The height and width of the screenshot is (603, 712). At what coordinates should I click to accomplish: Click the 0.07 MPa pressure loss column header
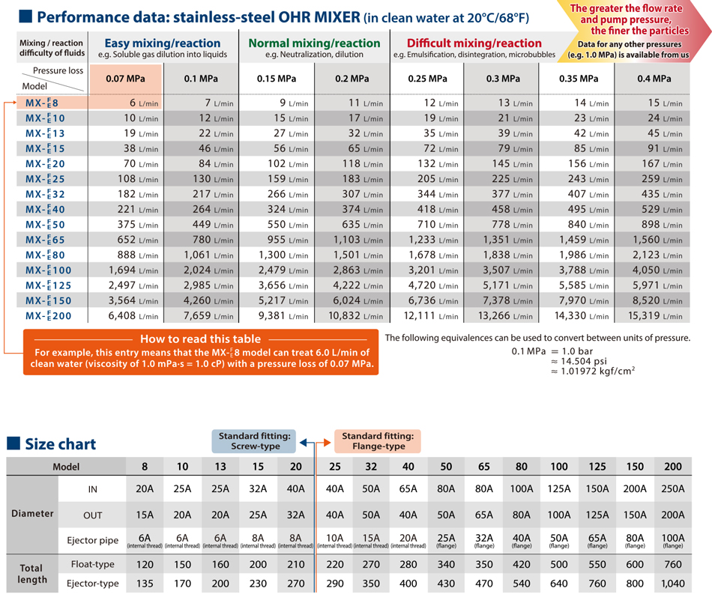click(125, 79)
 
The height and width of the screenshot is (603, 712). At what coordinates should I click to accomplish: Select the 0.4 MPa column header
click(654, 79)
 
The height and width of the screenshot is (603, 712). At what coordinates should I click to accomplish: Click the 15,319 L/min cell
click(654, 315)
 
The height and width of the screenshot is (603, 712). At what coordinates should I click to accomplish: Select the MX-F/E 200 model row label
click(49, 315)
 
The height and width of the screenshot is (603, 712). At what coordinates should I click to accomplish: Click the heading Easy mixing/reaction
click(163, 43)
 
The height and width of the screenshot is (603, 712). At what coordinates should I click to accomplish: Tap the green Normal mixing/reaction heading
click(314, 43)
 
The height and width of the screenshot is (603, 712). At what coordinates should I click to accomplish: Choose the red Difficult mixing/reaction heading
click(474, 43)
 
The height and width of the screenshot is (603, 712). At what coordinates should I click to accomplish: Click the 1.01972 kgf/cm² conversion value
click(597, 370)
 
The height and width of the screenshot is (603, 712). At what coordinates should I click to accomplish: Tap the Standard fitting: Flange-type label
click(377, 441)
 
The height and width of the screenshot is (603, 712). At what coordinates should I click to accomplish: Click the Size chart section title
click(60, 443)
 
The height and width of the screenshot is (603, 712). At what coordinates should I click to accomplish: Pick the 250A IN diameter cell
click(673, 489)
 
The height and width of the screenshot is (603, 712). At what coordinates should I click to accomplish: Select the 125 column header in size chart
click(597, 466)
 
